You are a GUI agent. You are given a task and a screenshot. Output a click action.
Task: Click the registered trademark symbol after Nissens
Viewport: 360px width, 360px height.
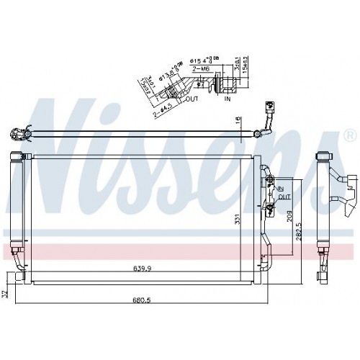348,135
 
